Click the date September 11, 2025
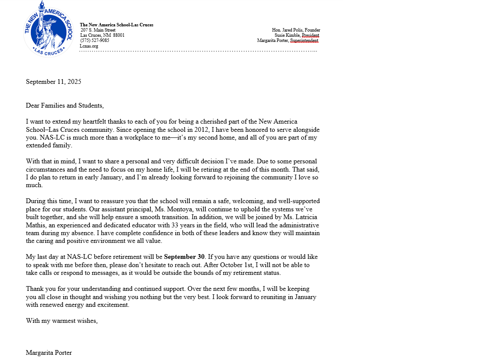point(54,82)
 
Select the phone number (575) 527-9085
point(95,41)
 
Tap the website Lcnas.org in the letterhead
point(89,46)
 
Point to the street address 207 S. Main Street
point(101,30)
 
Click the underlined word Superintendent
point(304,41)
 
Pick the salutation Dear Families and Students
point(65,105)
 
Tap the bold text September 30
point(184,257)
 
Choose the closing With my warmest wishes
point(62,321)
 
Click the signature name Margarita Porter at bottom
point(49,353)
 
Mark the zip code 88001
point(119,35)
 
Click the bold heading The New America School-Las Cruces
point(117,25)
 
